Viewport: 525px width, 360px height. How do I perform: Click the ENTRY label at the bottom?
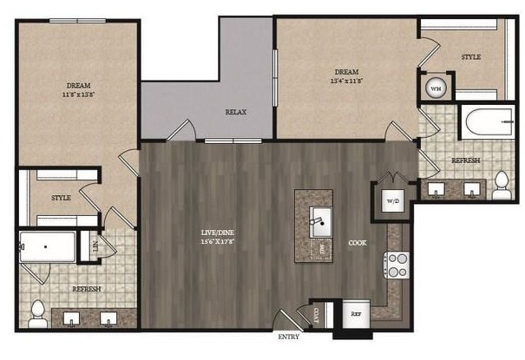click(x=289, y=336)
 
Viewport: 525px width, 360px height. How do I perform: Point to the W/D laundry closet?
click(x=391, y=200)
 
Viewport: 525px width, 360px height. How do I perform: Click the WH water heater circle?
click(x=436, y=88)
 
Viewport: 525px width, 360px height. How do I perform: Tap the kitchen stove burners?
click(x=397, y=265)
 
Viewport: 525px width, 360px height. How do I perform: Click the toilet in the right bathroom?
click(x=501, y=185)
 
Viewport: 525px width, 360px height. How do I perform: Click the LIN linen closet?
click(x=94, y=245)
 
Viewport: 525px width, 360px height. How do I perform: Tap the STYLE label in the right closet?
click(x=470, y=57)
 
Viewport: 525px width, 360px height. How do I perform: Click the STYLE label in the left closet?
click(x=61, y=198)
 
